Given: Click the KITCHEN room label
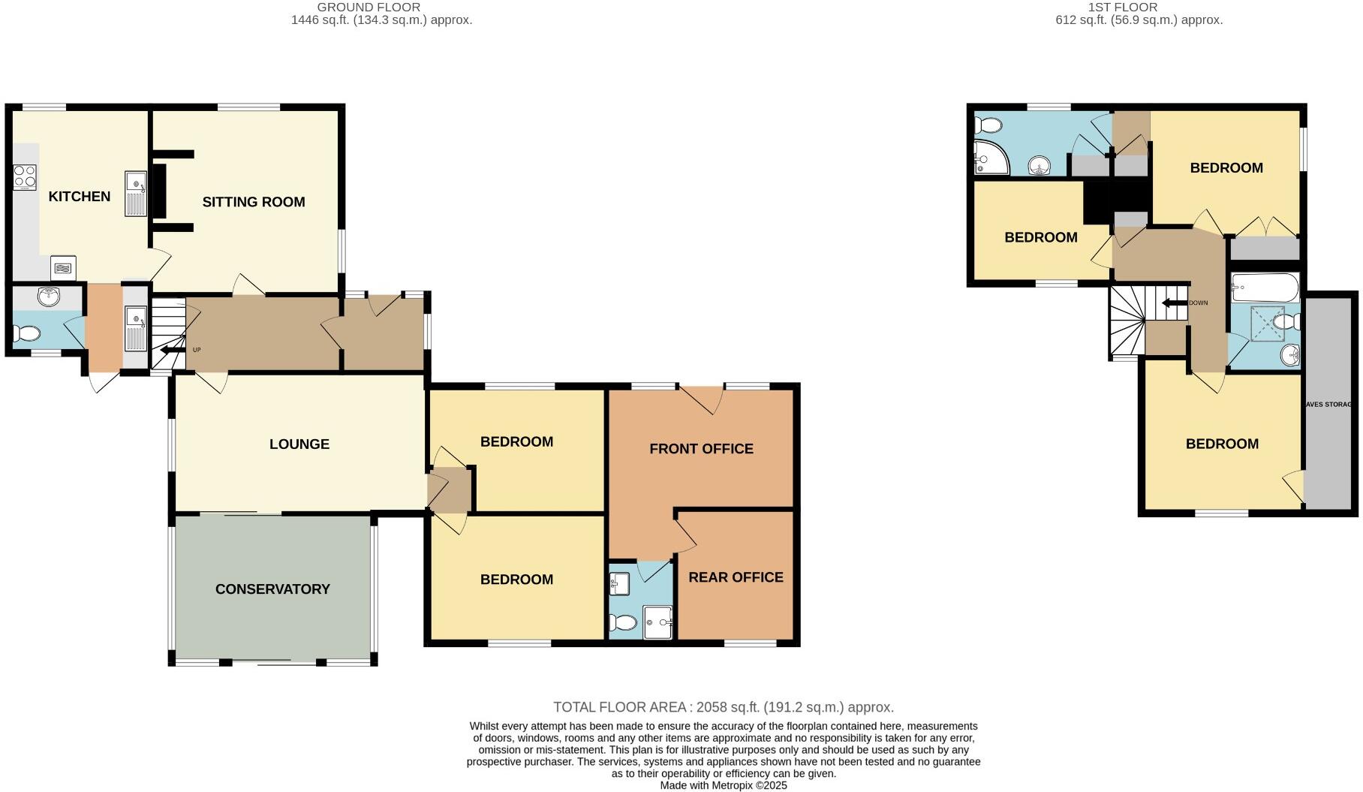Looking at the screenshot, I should tap(79, 197).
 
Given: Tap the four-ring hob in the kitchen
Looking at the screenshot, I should tap(24, 177).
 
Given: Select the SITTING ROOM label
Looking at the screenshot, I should tap(254, 202).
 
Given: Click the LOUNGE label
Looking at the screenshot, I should tap(299, 444).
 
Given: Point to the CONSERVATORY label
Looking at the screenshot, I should tap(272, 589).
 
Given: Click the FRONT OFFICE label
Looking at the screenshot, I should tap(701, 449).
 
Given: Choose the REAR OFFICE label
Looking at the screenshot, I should tap(736, 577).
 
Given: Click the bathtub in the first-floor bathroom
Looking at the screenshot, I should tap(1265, 288).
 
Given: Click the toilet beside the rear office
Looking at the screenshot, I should tap(623, 622).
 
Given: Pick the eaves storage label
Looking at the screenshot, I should tap(1330, 405).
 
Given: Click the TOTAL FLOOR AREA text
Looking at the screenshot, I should tap(723, 707).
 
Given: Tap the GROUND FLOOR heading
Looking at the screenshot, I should tap(369, 8).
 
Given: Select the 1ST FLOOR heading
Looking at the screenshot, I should tap(1123, 8).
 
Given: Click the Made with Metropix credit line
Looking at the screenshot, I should tap(723, 785).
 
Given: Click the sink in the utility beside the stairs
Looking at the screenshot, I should tap(136, 327).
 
